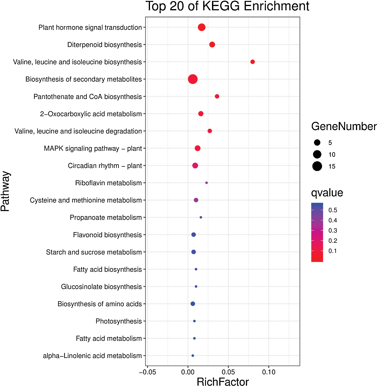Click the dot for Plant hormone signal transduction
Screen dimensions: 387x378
(202, 28)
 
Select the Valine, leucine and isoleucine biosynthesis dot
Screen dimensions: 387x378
(253, 62)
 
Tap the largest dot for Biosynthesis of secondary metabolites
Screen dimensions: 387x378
(193, 79)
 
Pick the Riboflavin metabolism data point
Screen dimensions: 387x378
(207, 183)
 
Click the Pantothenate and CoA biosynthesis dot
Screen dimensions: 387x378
(217, 97)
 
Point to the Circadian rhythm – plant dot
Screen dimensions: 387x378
(195, 166)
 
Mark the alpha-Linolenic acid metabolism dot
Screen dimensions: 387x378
(193, 356)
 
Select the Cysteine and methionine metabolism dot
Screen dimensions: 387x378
(196, 200)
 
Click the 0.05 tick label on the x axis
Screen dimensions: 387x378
(228, 372)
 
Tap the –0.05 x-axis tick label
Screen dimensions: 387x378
(147, 372)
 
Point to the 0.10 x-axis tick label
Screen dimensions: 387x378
(269, 372)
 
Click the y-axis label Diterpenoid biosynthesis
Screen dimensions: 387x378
(104, 45)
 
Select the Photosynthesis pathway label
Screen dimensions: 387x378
(119, 321)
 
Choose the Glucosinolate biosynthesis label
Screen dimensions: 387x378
(101, 287)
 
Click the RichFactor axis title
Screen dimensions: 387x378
(223, 382)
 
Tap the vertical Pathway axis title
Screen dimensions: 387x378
(5, 191)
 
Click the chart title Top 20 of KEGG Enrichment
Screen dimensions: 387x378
(227, 6)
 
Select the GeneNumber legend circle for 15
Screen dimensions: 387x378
(317, 166)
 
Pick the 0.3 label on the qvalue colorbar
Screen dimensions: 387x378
(333, 231)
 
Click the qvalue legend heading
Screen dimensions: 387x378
(327, 193)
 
